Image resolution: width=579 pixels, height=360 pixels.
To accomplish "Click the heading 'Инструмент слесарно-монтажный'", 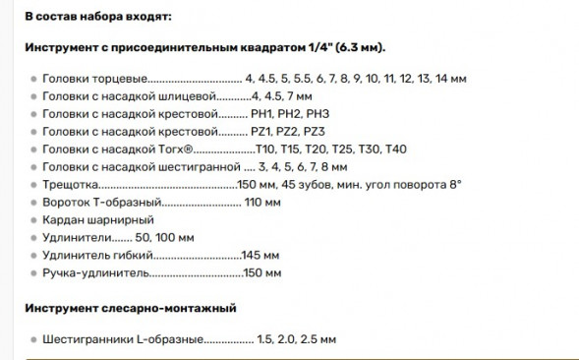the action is click(131, 309).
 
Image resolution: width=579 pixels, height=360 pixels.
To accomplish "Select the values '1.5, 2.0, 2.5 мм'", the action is click(293, 339).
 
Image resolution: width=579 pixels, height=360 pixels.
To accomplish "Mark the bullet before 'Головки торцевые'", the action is click(33, 78).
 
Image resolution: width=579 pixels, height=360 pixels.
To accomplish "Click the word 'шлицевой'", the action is click(185, 95).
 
